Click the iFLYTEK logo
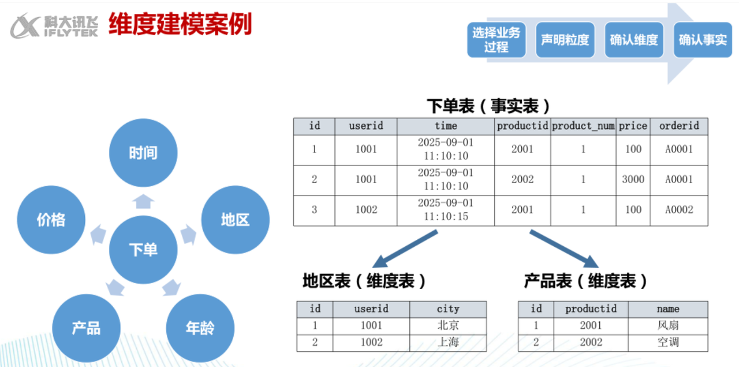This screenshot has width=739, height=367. pos(54,26)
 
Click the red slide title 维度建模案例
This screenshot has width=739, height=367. pos(180,24)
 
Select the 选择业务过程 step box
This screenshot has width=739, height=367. pos(496,40)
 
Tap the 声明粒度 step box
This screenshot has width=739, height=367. pos(565,40)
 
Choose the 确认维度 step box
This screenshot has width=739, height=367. pos(634,40)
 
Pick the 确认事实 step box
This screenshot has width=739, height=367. pos(703,40)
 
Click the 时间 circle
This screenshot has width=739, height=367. pos(143,153)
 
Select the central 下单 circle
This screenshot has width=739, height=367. pos(143,250)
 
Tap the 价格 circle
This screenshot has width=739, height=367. pos(51,220)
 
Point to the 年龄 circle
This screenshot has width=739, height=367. pos(200,328)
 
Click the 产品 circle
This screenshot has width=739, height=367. pos(87,328)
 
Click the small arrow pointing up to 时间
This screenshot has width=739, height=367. pos(143,201)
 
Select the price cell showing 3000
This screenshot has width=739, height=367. pos(633,179)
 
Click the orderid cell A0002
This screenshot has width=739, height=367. pos(679,210)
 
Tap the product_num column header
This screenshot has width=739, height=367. pos(583,126)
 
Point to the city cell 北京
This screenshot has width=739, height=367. pos(448,325)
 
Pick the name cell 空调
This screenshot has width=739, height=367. pos(668,343)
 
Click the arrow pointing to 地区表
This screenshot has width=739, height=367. pos(405,249)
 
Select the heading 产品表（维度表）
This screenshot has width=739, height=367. pos(585,281)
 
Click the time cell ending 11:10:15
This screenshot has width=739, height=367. pos(446,210)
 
